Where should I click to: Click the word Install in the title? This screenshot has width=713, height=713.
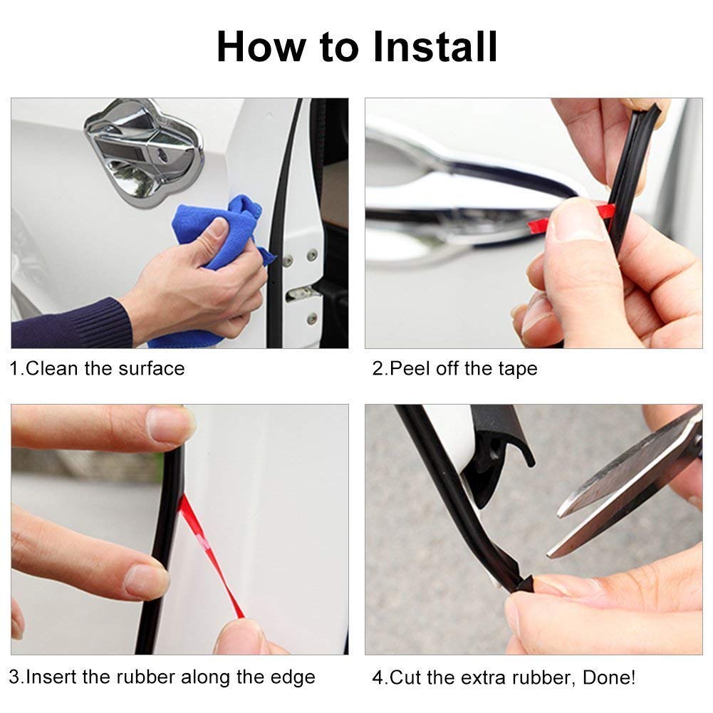(x=434, y=46)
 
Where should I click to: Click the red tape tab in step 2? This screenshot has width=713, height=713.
(x=573, y=217)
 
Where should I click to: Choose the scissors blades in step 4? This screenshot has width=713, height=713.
(x=628, y=486)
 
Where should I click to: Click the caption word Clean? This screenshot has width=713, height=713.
(x=52, y=368)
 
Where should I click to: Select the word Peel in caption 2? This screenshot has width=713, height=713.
(x=410, y=368)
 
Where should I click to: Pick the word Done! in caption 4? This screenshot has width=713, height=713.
(x=609, y=677)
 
